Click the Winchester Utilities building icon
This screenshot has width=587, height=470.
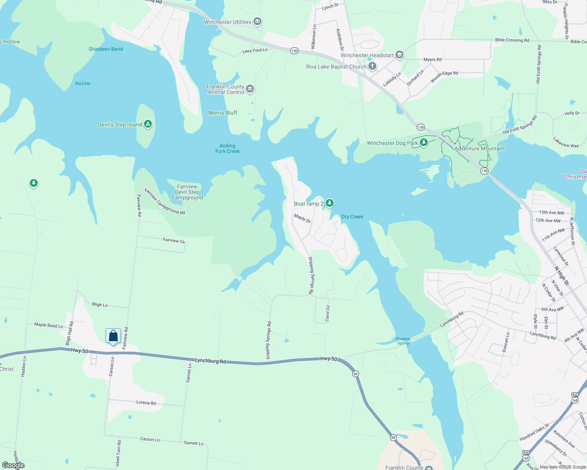tap(257, 21)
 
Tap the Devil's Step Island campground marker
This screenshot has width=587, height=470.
tap(148, 125)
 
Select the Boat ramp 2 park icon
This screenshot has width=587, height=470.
tap(330, 203)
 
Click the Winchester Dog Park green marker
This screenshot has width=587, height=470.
tap(423, 142)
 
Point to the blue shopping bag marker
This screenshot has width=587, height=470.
tap(113, 336)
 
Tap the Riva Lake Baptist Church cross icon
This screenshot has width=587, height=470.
tap(372, 66)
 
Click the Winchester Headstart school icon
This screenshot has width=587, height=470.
tap(399, 55)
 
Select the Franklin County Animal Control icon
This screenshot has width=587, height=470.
tap(250, 89)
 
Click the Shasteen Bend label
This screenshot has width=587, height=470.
tap(106, 49)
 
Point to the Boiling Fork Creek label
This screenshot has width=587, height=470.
tap(228, 148)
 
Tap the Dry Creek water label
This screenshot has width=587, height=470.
tap(352, 217)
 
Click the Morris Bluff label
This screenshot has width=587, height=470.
tap(223, 113)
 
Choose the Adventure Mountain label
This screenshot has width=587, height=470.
tap(479, 148)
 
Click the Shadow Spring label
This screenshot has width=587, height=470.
tap(403, 341)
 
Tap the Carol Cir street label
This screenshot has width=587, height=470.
tap(328, 313)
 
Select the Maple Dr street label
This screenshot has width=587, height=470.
tap(303, 219)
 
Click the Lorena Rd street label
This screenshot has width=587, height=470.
tap(146, 403)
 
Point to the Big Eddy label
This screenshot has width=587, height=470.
tap(83, 83)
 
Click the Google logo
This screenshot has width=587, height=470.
tap(13, 465)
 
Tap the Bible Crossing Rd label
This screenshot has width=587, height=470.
tap(512, 40)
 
